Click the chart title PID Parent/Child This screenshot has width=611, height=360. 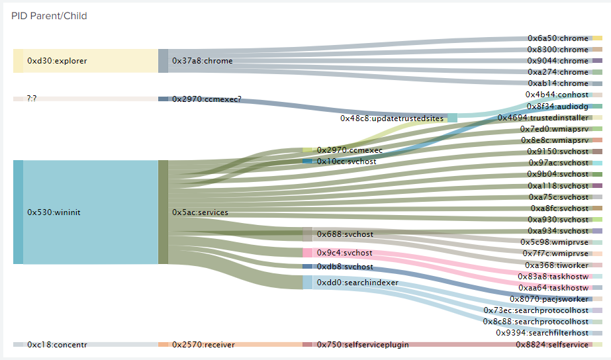pyautogui.click(x=49, y=16)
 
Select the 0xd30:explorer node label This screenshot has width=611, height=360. pyautogui.click(x=57, y=61)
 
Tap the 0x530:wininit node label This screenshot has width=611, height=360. pyautogui.click(x=53, y=212)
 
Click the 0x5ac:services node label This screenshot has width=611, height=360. pyautogui.click(x=200, y=212)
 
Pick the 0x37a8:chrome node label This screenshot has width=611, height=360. pyautogui.click(x=202, y=61)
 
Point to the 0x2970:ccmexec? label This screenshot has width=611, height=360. pyautogui.click(x=207, y=99)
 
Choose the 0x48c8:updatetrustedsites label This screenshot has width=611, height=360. pyautogui.click(x=392, y=118)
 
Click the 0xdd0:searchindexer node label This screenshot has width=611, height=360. pyautogui.click(x=357, y=283)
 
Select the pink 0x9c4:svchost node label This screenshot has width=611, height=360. pyautogui.click(x=344, y=253)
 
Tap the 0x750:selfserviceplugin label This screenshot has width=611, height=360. pyautogui.click(x=362, y=345)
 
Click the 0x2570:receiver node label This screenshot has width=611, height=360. pyautogui.click(x=199, y=345)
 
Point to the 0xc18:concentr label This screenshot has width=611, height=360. pyautogui.click(x=57, y=345)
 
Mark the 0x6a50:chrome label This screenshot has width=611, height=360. pyautogui.click(x=557, y=38)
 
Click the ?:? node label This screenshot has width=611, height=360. pyautogui.click(x=32, y=99)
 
